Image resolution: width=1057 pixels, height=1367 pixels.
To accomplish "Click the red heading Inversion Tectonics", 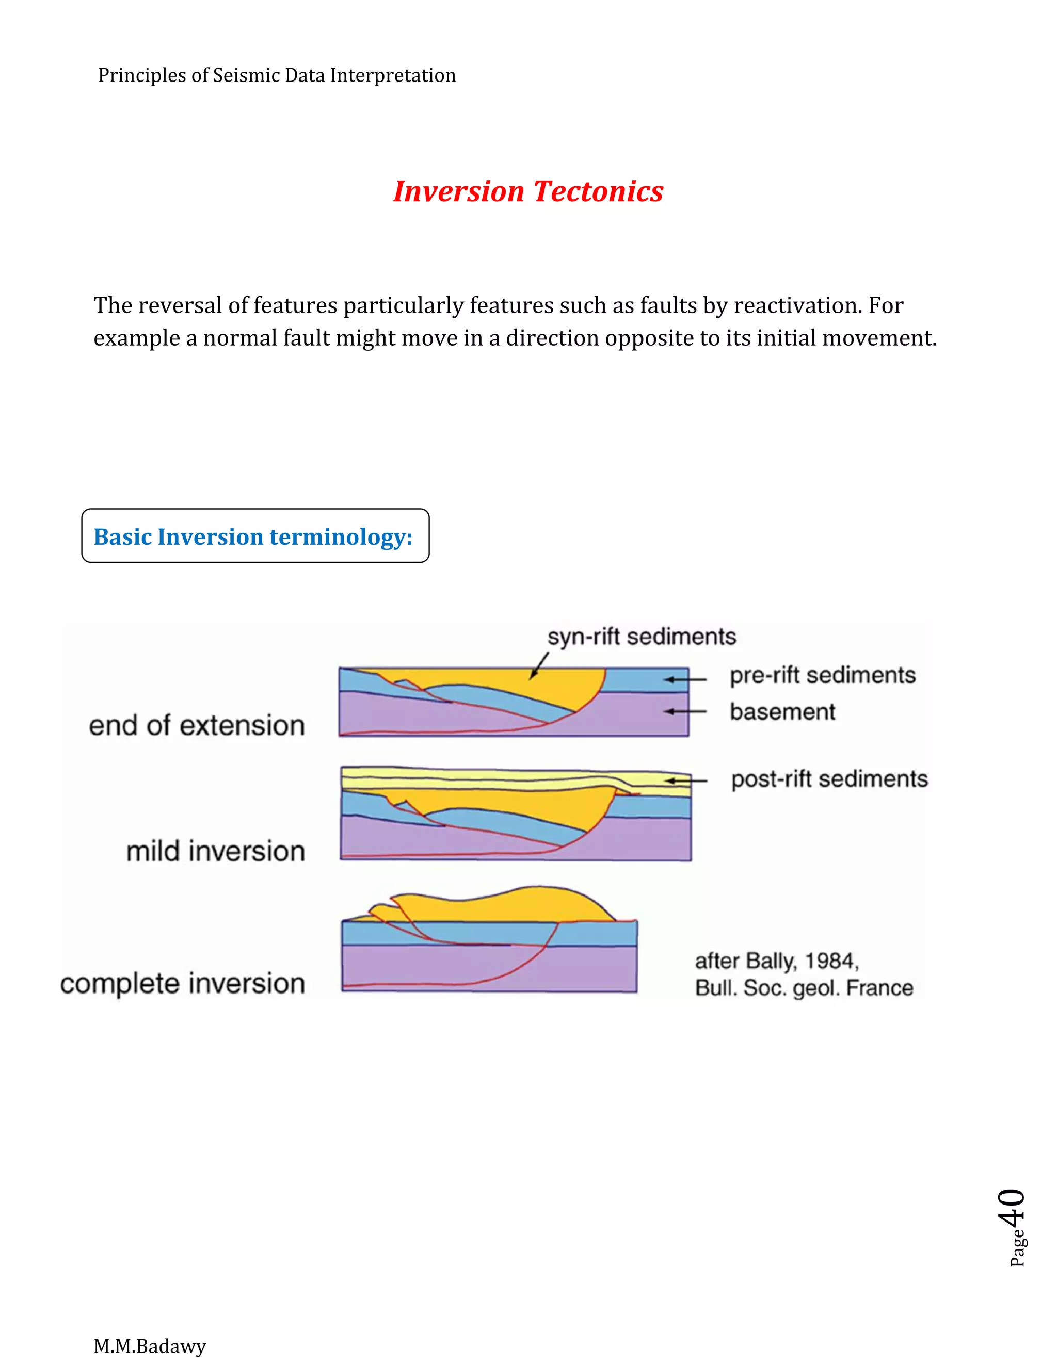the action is coord(528,191).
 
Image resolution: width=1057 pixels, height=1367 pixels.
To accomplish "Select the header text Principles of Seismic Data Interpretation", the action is coord(277,76).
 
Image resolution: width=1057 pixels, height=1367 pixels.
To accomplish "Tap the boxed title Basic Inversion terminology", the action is coord(253,536).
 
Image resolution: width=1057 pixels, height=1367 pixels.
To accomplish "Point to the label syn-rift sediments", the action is coord(641,637).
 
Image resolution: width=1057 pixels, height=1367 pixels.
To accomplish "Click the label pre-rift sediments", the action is coord(822,675).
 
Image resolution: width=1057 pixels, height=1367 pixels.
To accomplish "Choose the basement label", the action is coord(782,712).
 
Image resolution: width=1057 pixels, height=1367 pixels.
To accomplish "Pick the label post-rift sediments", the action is coord(829,779).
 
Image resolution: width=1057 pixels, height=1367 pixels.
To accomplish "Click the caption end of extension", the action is coord(197,725).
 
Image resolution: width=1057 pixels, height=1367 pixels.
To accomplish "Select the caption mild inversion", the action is coord(215,851).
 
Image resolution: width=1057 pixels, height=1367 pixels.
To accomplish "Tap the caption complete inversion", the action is coord(182,983).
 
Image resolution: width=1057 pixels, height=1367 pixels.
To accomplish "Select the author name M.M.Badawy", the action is coord(150,1346).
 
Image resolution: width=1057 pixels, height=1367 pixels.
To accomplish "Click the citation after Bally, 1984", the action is coord(804,974).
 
